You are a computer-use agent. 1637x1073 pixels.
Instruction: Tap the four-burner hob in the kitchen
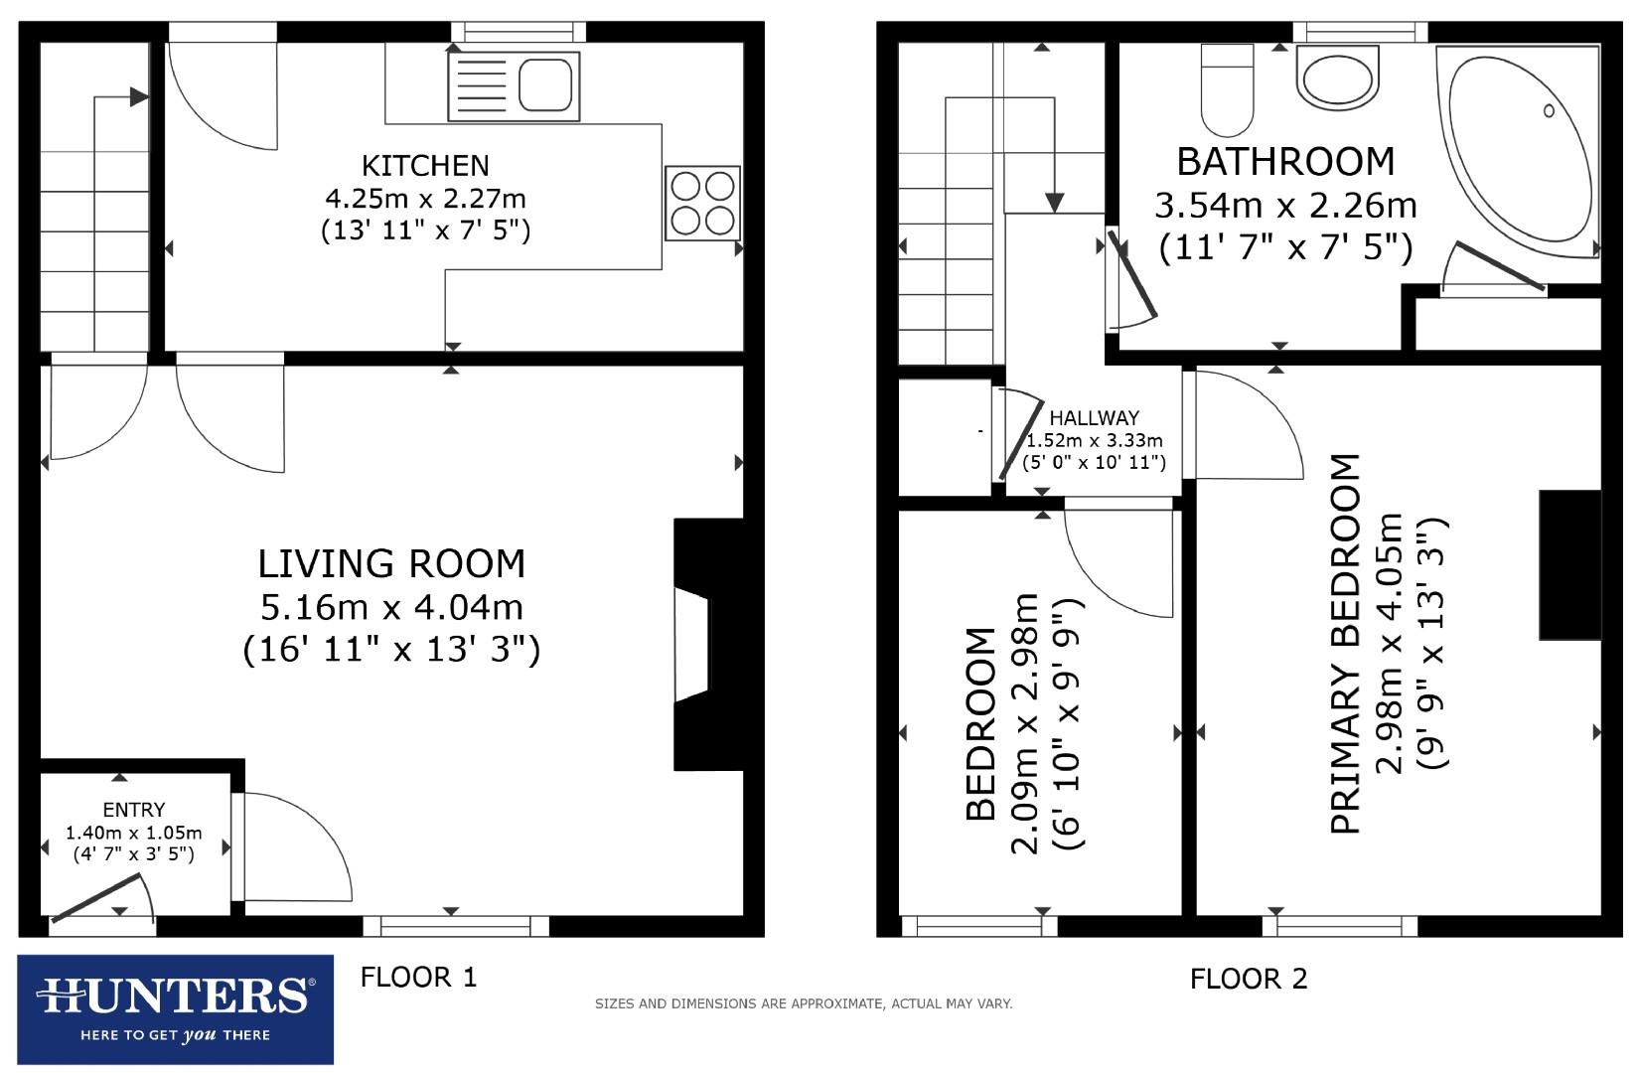(x=703, y=203)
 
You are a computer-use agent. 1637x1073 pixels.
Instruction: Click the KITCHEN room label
(x=425, y=165)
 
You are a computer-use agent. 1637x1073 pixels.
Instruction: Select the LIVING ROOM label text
(x=391, y=563)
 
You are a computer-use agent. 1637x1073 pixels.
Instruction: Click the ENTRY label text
(x=134, y=810)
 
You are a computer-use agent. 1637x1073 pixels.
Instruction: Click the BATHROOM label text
(x=1285, y=161)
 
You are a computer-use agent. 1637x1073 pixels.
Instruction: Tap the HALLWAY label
(x=1095, y=418)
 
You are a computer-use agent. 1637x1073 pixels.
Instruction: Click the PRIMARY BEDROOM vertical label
(x=1344, y=644)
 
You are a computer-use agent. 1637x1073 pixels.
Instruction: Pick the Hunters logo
(x=176, y=1009)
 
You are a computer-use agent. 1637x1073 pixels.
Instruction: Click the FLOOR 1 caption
(x=418, y=978)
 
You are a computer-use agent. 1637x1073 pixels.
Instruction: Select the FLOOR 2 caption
(x=1249, y=980)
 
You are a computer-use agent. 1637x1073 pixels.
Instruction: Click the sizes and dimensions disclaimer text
(x=803, y=1004)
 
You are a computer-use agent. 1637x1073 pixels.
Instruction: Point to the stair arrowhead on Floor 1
(x=139, y=97)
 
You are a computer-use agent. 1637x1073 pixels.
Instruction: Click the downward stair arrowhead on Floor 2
(x=1055, y=202)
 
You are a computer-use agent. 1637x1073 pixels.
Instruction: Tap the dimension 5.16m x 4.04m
(x=391, y=607)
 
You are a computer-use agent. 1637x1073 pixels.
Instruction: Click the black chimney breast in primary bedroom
(x=1569, y=564)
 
